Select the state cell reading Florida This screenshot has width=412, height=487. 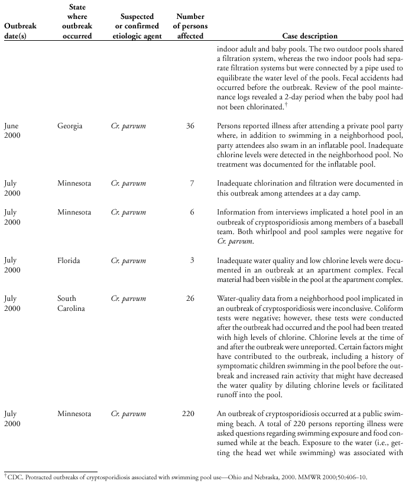click(70, 261)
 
